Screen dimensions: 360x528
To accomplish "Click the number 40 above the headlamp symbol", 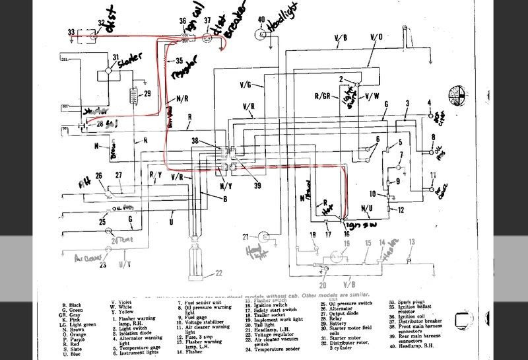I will point(261,18).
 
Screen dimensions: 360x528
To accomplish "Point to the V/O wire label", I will point(377,36).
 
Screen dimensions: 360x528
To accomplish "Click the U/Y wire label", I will point(123,264).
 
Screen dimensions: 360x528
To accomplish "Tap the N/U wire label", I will point(367,208).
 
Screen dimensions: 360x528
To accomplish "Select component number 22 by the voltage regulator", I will point(218,272).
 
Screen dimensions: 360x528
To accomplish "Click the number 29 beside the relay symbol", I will point(147,93).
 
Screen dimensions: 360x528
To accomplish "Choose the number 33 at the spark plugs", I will point(71,31).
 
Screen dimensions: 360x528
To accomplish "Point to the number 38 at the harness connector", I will point(195,140).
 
